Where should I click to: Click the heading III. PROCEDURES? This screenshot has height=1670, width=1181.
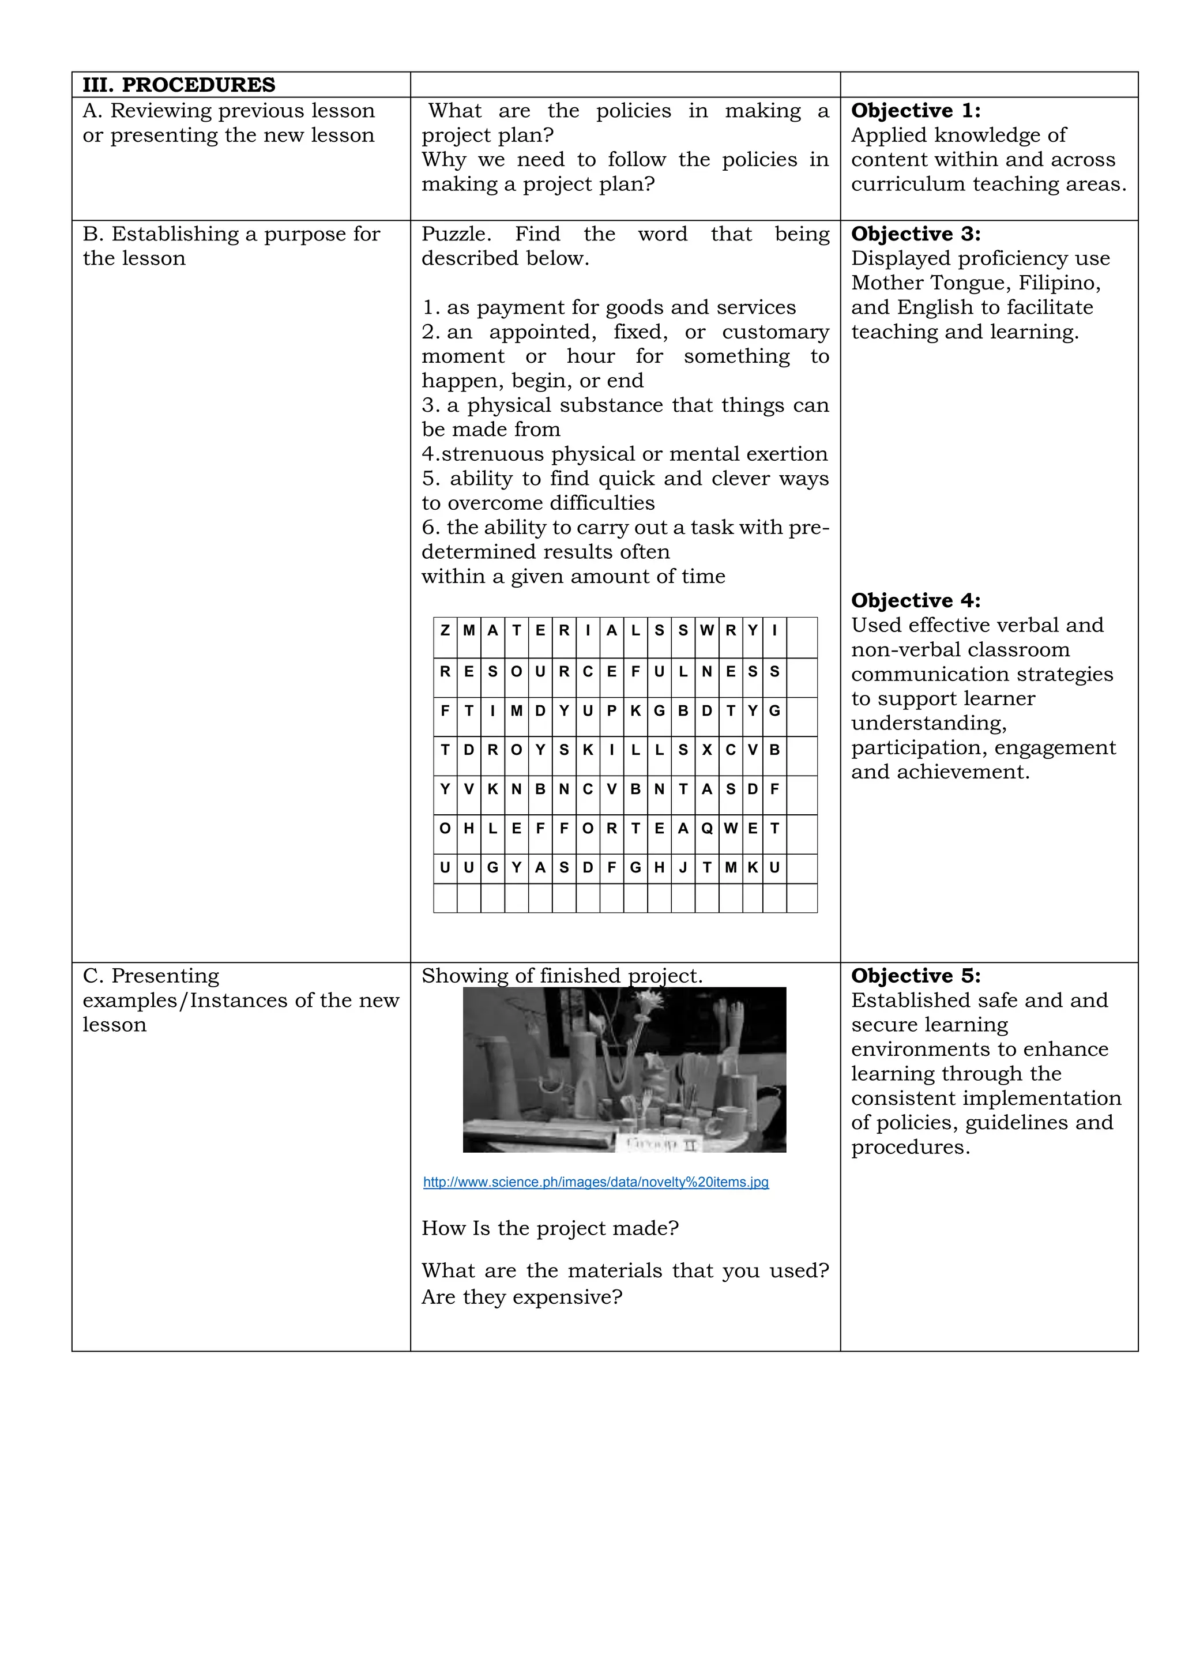coord(179,85)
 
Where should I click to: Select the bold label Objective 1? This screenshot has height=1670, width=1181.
coord(916,111)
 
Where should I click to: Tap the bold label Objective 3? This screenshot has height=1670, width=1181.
coord(916,234)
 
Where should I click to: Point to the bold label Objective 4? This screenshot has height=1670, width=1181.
coord(916,601)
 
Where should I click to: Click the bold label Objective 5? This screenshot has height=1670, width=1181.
coord(916,976)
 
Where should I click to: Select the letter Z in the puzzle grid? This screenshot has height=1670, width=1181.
coord(445,631)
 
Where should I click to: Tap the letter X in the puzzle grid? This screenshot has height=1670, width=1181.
coord(706,750)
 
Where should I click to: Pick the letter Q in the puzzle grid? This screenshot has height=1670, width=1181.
coord(706,829)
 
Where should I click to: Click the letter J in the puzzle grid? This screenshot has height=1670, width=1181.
coord(682,868)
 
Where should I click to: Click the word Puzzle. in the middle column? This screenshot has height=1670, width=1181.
coord(456,234)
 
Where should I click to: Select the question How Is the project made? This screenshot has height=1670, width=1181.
coord(550,1228)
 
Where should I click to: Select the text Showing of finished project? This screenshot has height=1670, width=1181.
coord(562,976)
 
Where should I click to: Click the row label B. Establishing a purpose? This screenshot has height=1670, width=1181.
coord(231,234)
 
